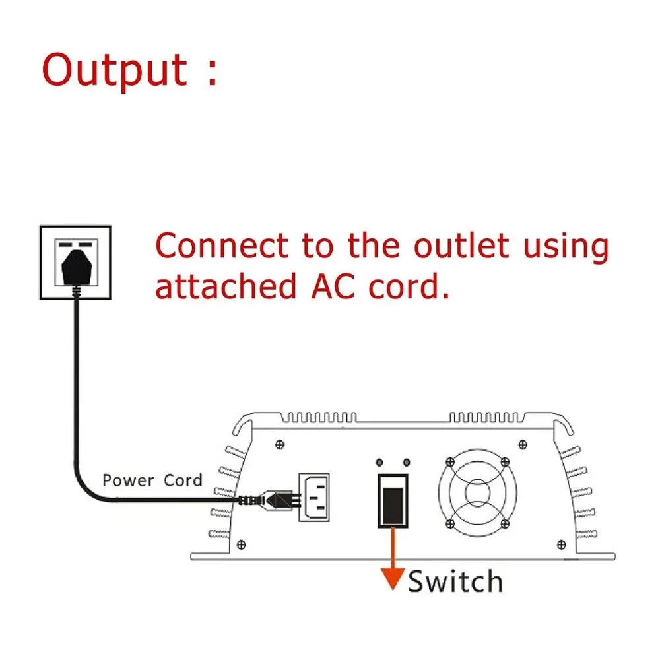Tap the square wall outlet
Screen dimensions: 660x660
(x=75, y=262)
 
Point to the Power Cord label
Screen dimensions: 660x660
(x=152, y=480)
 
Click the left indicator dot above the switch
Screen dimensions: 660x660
(x=381, y=462)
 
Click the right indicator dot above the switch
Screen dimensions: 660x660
(x=406, y=462)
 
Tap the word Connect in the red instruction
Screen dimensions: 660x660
(x=222, y=246)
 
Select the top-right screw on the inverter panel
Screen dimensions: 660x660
(x=523, y=444)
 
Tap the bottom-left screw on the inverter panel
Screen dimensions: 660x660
(x=241, y=544)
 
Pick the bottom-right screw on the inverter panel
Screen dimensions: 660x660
(x=562, y=544)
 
